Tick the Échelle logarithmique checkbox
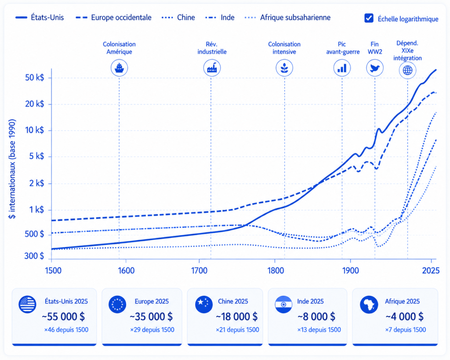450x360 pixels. point(369,18)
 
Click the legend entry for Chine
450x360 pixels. point(178,18)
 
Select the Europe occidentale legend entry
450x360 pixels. point(114,18)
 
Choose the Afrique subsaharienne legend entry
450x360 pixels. point(287,18)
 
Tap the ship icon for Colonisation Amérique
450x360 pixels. point(119,68)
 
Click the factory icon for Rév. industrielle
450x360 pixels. point(212,68)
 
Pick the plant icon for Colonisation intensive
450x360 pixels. point(284,68)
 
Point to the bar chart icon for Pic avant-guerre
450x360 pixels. point(342,68)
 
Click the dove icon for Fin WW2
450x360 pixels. point(374,68)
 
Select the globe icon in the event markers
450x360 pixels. point(407,70)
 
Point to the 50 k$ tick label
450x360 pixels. point(35,77)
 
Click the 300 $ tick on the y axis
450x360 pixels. point(34,256)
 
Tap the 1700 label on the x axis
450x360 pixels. point(200,271)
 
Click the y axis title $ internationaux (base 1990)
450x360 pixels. point(12,169)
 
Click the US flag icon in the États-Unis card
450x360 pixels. point(27,304)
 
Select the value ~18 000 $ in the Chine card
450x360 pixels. point(237,316)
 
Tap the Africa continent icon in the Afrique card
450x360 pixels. point(369,304)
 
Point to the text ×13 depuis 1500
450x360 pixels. point(319,330)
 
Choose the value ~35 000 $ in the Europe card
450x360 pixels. point(151,316)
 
